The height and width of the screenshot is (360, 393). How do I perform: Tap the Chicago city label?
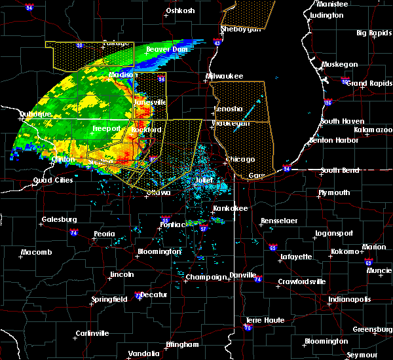point(240,160)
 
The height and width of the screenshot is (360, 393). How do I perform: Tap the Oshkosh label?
point(181,11)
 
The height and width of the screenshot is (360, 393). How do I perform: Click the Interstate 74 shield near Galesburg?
point(74,233)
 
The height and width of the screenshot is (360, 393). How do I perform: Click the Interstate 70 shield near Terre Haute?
point(248,329)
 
